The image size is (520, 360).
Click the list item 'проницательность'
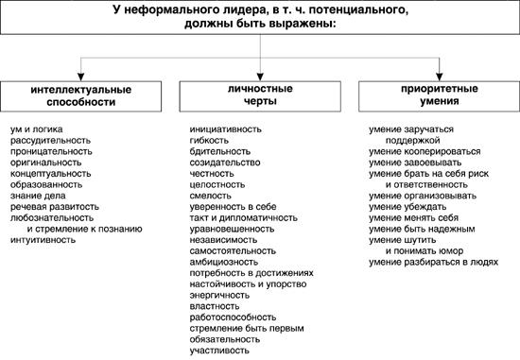pos(51,150)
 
